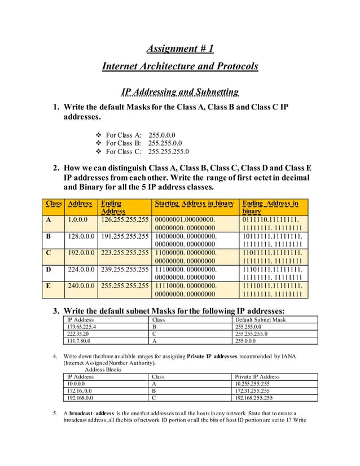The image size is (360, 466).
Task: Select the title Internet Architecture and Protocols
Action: pyautogui.click(x=179, y=67)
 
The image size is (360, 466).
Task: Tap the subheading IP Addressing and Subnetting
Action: pyautogui.click(x=180, y=92)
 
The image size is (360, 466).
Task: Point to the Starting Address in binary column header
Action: pyautogui.click(x=194, y=203)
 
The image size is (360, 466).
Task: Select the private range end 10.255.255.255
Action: pyautogui.click(x=252, y=384)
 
